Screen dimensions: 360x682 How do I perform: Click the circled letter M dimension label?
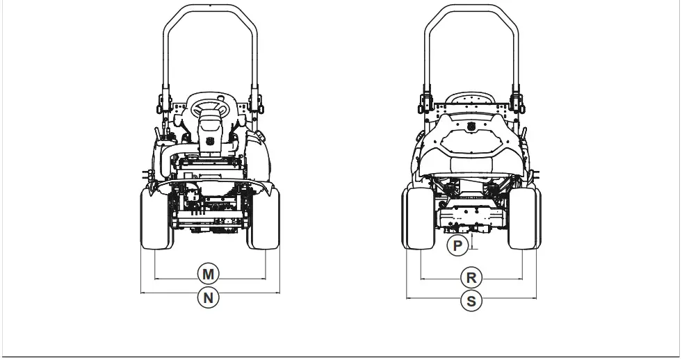pyautogui.click(x=208, y=273)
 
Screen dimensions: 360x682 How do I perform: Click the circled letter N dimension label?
pyautogui.click(x=208, y=298)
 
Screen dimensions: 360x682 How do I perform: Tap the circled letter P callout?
pyautogui.click(x=457, y=246)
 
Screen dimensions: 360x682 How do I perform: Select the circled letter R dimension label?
pyautogui.click(x=471, y=278)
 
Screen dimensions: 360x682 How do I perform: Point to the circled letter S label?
pyautogui.click(x=471, y=301)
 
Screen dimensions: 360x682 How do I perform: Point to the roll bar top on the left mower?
pyautogui.click(x=211, y=7)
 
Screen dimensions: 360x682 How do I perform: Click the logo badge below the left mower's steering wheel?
pyautogui.click(x=209, y=142)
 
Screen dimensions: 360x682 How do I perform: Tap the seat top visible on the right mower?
pyautogui.click(x=470, y=98)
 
